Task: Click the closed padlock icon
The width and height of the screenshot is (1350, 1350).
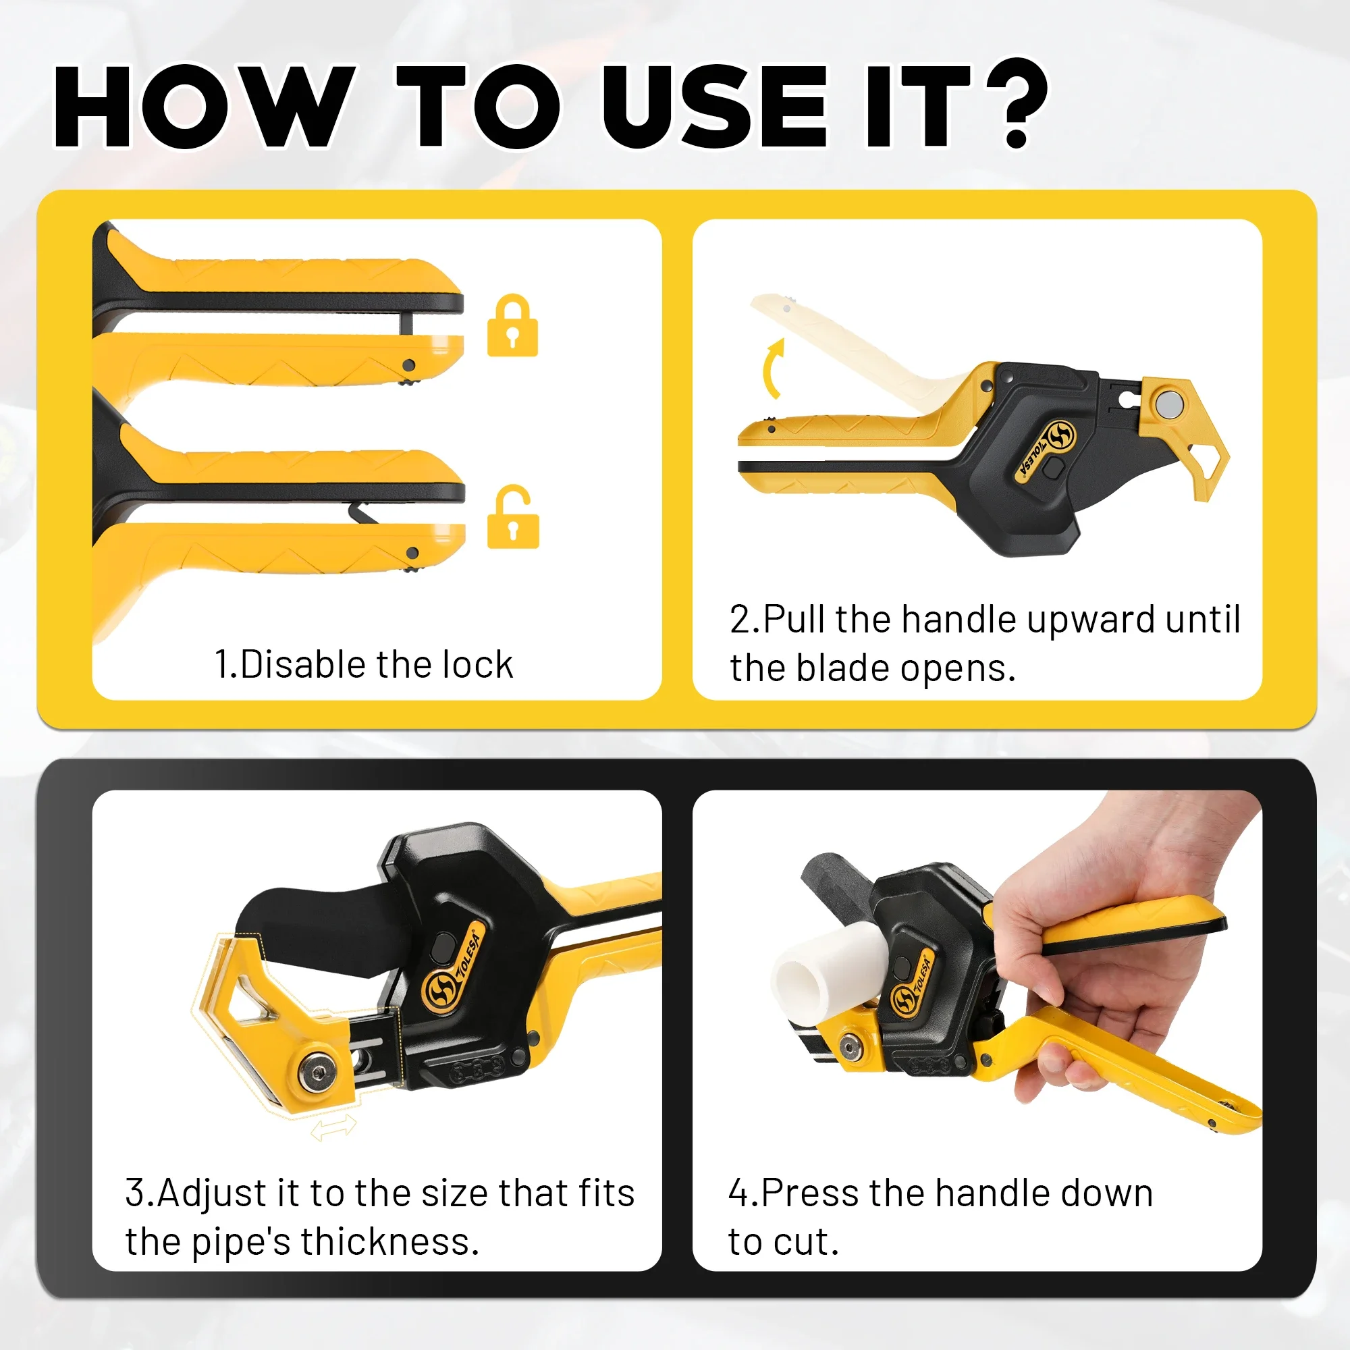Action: point(512,325)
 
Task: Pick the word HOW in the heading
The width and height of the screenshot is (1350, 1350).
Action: point(202,106)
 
